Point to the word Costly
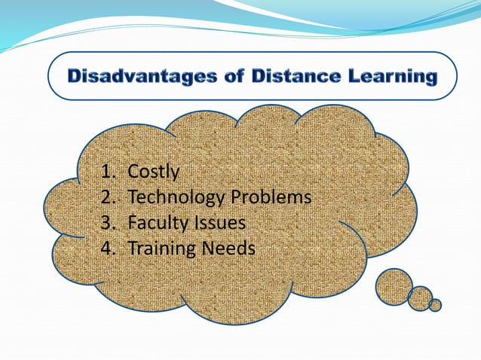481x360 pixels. click(x=154, y=172)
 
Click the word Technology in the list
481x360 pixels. click(x=178, y=197)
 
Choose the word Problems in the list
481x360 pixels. click(x=272, y=197)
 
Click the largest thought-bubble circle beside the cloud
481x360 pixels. click(x=394, y=286)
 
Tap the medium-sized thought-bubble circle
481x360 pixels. click(x=420, y=298)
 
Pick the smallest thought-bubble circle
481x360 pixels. click(x=435, y=304)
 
